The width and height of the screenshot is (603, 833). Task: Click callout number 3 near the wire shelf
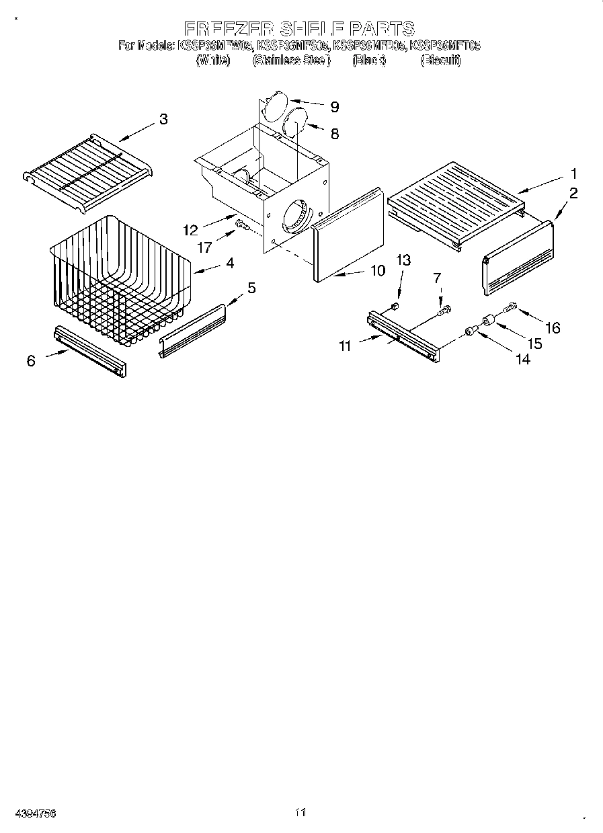coord(163,120)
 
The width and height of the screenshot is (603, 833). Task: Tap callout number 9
coord(333,107)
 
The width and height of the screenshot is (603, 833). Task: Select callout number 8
coord(333,133)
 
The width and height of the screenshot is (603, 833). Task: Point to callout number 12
coord(190,230)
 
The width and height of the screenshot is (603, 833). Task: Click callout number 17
coord(204,247)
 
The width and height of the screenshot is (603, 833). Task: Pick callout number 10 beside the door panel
coord(377,270)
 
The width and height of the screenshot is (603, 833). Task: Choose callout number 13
coord(403,260)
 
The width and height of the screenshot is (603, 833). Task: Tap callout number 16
coord(552,327)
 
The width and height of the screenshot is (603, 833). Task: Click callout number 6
coord(31,361)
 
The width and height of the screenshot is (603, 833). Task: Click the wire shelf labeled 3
coord(87,173)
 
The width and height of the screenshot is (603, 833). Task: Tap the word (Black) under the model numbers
coord(368,61)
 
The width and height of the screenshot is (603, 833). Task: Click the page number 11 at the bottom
coord(300,812)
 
